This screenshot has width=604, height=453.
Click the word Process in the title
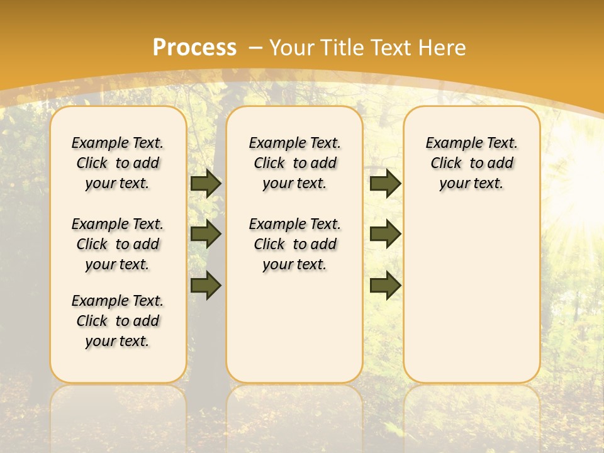tap(194, 48)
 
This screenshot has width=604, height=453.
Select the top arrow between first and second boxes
tap(206, 184)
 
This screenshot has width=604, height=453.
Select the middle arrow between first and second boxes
tap(206, 234)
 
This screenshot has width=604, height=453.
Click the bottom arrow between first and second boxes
tap(206, 285)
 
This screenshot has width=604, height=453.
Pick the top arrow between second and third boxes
tap(385, 184)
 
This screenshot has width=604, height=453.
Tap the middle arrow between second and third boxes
tap(385, 234)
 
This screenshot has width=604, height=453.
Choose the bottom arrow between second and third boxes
tap(385, 285)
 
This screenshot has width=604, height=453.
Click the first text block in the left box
tap(118, 163)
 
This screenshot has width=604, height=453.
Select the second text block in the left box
tap(118, 244)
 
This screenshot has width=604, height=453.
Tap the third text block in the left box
tap(118, 321)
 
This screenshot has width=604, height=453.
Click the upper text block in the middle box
tap(294, 163)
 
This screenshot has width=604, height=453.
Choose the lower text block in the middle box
tap(294, 244)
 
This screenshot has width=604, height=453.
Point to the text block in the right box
tap(472, 163)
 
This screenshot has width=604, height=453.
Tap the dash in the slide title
tap(255, 48)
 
